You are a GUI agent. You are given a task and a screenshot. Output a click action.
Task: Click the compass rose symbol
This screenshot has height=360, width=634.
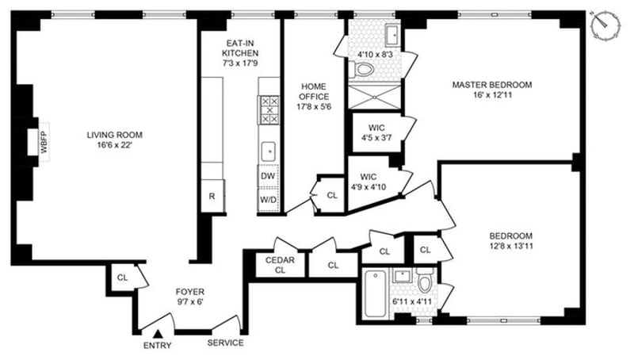point(605,25)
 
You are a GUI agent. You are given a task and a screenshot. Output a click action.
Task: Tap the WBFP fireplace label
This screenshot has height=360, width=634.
point(44,142)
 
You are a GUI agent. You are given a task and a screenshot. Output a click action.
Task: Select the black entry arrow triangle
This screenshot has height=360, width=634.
point(158,334)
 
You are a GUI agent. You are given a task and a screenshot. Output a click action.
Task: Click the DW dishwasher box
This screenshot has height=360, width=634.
point(268,176)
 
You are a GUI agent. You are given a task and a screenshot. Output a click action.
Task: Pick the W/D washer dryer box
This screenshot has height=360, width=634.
point(268,199)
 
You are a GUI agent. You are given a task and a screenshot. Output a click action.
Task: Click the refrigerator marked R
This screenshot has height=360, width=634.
point(212,197)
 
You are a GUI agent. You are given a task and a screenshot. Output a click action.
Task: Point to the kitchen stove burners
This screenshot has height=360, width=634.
point(269,109)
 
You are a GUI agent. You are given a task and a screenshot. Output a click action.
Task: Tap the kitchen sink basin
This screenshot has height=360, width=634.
point(268,151)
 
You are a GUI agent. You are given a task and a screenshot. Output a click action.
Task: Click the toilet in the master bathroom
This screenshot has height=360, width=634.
point(363,69)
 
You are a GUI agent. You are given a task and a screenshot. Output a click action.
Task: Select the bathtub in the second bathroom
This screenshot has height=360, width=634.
point(375,293)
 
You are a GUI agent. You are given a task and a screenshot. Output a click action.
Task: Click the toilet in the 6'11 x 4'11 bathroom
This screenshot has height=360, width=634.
point(425,280)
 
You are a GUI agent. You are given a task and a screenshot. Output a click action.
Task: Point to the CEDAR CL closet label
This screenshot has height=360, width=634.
point(280,265)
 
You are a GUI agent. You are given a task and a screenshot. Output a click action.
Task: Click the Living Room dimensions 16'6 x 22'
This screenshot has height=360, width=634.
point(115,145)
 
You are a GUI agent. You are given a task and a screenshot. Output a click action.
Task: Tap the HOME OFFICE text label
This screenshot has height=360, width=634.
point(314,91)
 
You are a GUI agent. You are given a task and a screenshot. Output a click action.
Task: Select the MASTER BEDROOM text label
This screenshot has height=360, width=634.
point(491,85)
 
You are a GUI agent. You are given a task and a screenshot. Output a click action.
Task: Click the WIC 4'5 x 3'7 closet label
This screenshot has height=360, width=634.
point(376,132)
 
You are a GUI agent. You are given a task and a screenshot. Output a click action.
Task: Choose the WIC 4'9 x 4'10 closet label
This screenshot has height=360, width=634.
point(368,182)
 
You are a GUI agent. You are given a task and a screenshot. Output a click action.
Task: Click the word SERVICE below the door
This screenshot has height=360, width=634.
point(226,343)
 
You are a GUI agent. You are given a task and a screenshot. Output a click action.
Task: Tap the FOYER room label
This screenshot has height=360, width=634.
point(189,292)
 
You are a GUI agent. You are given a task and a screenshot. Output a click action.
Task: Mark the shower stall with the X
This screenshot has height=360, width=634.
point(374,97)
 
